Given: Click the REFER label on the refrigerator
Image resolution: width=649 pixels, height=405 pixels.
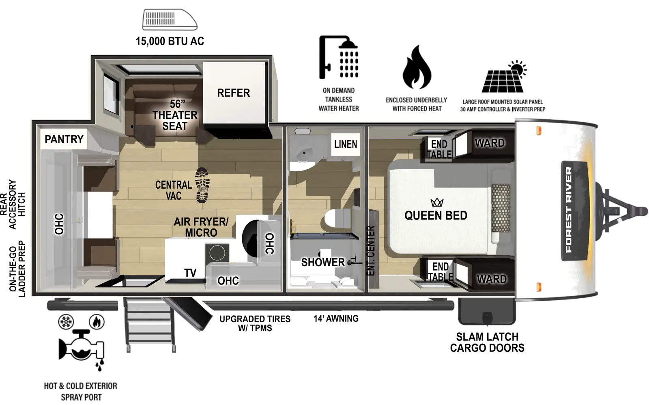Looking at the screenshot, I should (x=233, y=93).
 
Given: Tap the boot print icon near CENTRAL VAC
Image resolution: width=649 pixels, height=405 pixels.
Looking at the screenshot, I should (x=202, y=185).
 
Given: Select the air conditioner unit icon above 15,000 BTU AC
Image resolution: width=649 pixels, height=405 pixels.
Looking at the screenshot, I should (x=169, y=19).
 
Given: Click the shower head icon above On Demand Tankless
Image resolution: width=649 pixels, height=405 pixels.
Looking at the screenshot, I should (x=339, y=57).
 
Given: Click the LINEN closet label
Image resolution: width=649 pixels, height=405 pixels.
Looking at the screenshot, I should (x=346, y=144).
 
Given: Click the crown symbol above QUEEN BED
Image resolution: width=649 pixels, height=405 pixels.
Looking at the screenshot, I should (x=437, y=202).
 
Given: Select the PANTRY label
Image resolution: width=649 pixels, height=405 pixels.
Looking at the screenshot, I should (x=64, y=139).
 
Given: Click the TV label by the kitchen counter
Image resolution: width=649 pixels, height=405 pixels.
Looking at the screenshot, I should (x=190, y=273).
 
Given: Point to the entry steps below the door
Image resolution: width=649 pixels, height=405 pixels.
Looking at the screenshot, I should (x=150, y=325).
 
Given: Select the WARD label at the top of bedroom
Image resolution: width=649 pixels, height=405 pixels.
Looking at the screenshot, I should (x=490, y=143).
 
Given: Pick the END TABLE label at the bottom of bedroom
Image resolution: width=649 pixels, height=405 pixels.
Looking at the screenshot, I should (x=441, y=271).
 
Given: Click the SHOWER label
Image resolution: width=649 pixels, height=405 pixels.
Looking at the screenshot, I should (x=323, y=263).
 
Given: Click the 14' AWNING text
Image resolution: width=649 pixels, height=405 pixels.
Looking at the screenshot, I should (x=336, y=319).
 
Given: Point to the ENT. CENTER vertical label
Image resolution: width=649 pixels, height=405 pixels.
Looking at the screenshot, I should (x=371, y=250).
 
